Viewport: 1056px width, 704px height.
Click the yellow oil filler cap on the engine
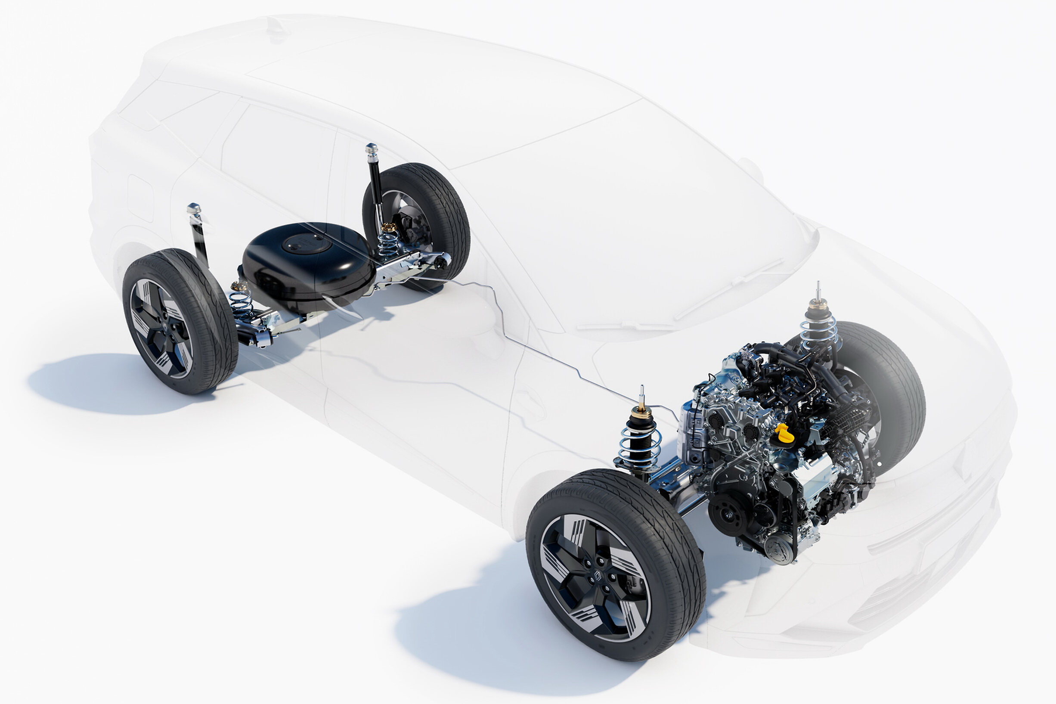[x=783, y=432]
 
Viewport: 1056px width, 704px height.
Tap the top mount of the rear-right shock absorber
[x=371, y=149]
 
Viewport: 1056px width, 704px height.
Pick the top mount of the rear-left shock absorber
[x=193, y=209]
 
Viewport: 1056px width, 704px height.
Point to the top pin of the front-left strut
[x=642, y=392]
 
